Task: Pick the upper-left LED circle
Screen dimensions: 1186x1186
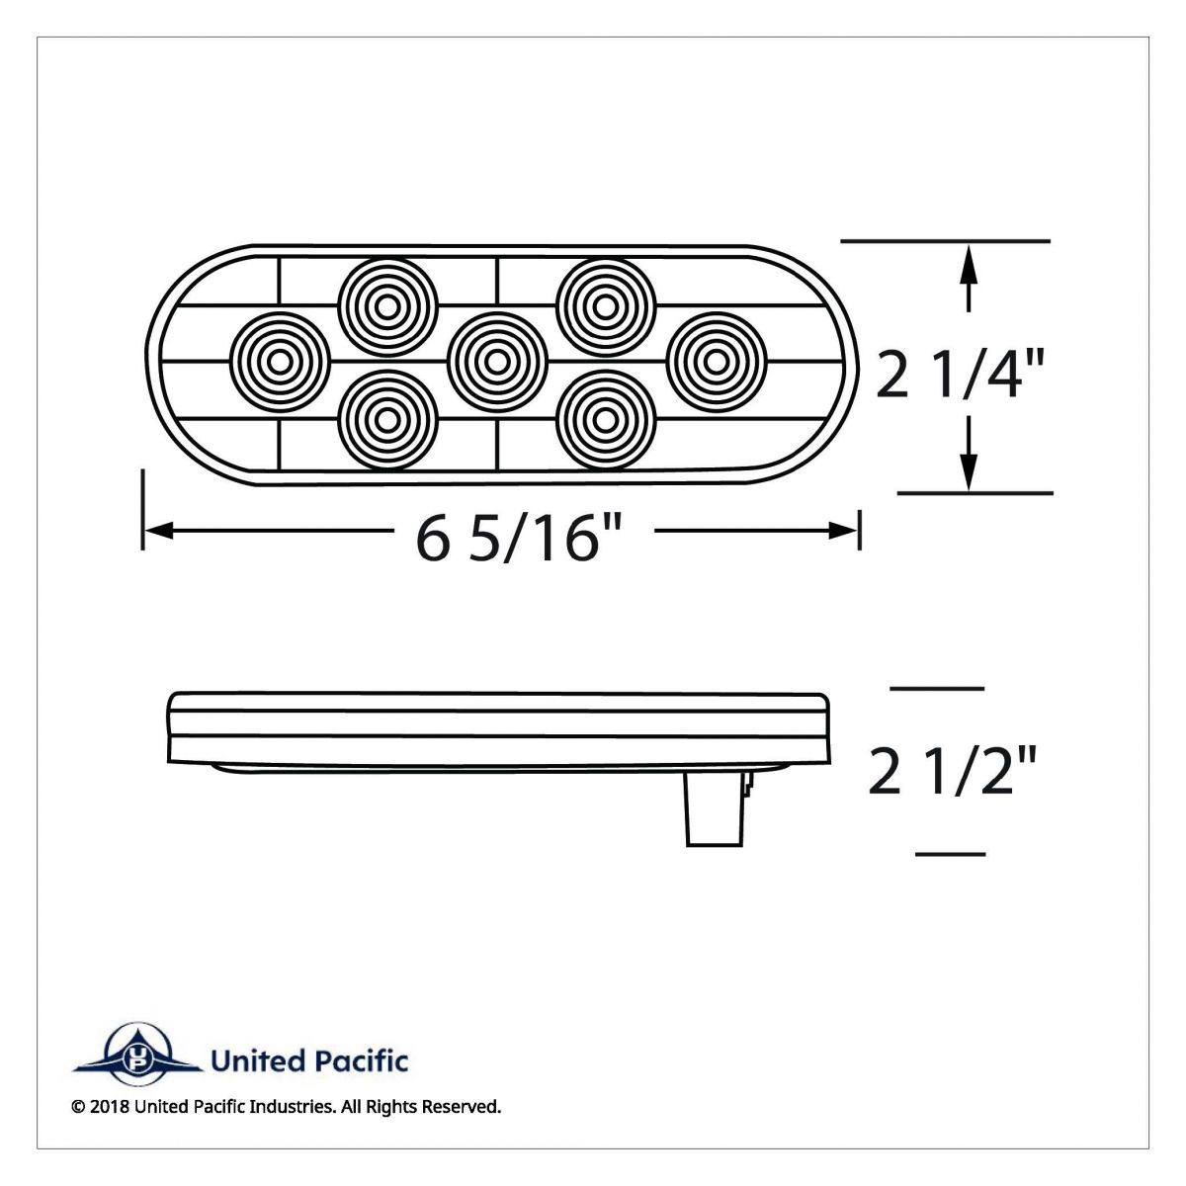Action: click(x=387, y=304)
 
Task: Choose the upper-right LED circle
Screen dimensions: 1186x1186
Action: click(x=606, y=304)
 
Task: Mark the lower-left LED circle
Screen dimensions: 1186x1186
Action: click(x=387, y=419)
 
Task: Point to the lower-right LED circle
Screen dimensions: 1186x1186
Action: click(x=606, y=419)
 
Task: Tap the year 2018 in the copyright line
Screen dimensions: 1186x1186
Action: click(x=105, y=1108)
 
